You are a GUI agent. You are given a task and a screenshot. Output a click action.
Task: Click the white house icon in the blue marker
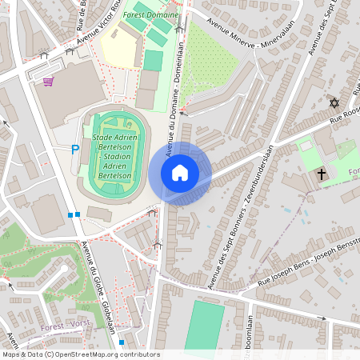[180, 173]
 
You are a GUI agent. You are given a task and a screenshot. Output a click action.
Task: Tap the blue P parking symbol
[76, 149]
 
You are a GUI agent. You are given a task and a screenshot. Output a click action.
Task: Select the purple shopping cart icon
[48, 81]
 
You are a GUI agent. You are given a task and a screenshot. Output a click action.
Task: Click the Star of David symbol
[334, 103]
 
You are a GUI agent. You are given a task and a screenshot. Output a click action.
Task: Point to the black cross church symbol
[322, 173]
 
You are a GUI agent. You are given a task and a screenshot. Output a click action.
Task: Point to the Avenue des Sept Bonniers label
[239, 216]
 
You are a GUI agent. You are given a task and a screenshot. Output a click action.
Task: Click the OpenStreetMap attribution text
[81, 354]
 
